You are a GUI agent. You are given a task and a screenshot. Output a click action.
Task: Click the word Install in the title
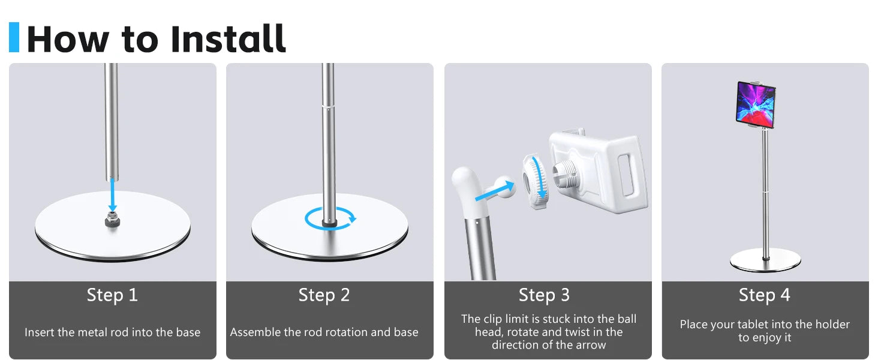tap(228, 38)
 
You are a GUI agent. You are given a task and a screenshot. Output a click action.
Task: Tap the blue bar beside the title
tap(14, 37)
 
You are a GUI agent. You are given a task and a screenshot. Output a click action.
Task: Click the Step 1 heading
tap(112, 295)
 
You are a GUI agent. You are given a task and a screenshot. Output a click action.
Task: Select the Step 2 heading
tap(324, 295)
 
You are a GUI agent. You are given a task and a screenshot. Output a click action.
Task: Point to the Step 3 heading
tap(544, 295)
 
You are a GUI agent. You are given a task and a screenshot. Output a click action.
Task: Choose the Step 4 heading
tap(764, 295)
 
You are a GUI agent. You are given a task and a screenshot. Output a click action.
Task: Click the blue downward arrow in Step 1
tap(113, 195)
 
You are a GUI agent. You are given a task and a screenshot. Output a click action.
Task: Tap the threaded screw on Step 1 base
tap(113, 220)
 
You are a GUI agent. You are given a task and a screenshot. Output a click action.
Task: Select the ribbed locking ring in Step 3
tap(535, 182)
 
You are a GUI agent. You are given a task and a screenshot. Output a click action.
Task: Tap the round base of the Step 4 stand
tap(765, 260)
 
